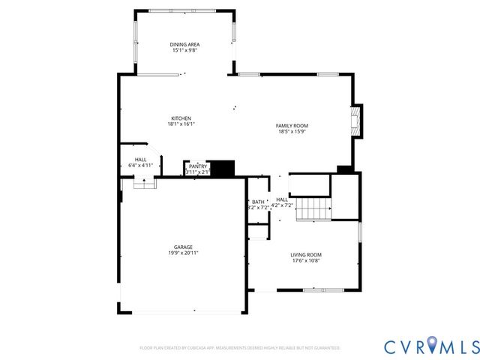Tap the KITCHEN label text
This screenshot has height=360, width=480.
coord(181,118)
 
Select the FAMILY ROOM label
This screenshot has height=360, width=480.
coord(292,125)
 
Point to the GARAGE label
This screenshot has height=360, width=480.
coord(184,247)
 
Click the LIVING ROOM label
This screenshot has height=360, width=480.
coord(306,255)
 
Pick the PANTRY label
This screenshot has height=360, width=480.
coord(197,166)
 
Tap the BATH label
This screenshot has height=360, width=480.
coord(258,202)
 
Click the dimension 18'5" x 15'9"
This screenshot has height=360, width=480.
coord(292,132)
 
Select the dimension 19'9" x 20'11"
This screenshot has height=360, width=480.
coord(184,253)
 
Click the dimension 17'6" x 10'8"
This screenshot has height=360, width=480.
coord(306,262)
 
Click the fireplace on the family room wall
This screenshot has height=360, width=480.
coord(359,121)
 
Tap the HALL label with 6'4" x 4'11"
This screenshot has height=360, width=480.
coord(140,159)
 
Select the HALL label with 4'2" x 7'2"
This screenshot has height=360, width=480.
coord(282,199)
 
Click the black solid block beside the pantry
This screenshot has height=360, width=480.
coord(222,168)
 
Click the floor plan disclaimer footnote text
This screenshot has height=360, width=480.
coord(240,348)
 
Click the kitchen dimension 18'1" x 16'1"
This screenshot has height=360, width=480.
coord(181,125)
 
